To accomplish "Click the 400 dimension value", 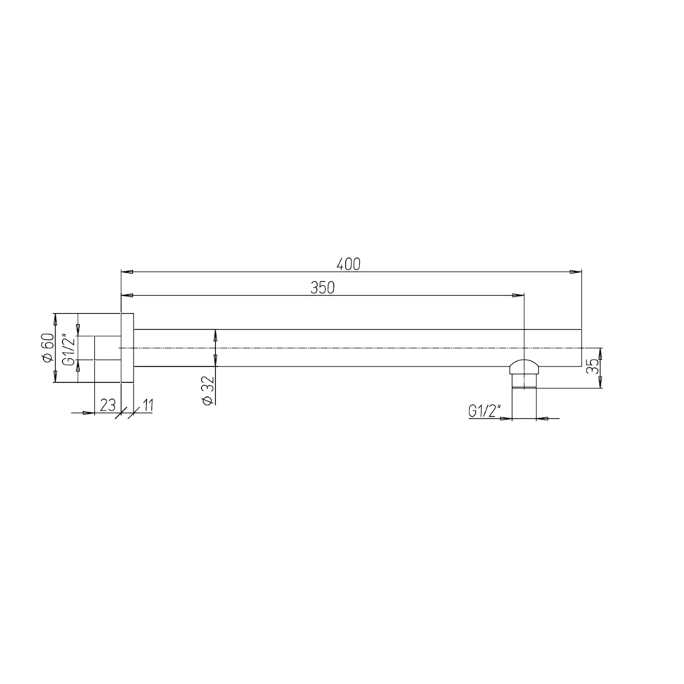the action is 349,264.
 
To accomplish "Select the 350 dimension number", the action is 323,288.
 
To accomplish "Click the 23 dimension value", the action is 108,405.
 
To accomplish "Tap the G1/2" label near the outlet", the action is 484,411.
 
